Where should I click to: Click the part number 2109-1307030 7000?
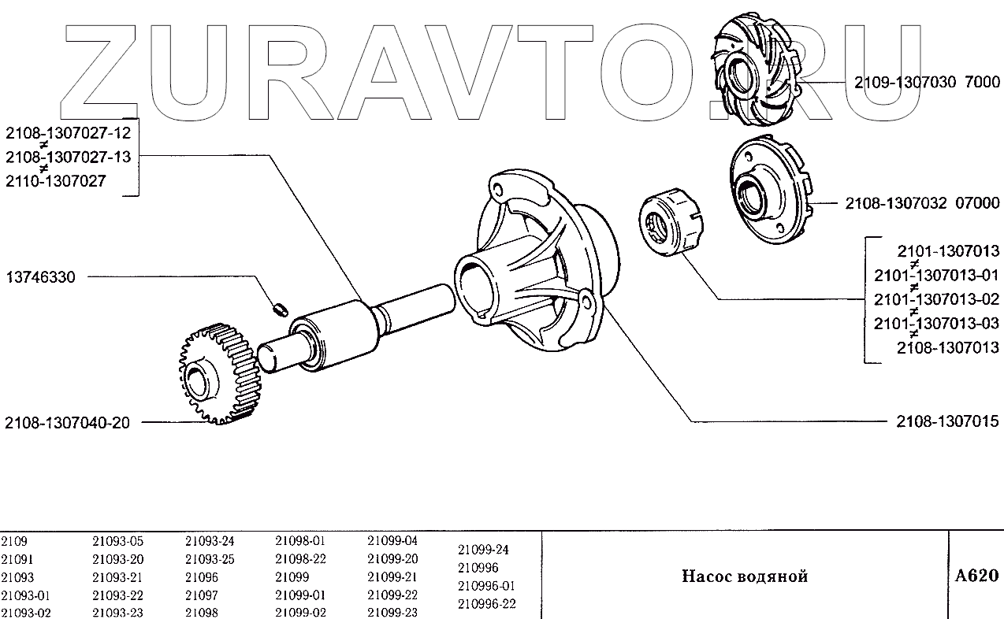tap(927, 83)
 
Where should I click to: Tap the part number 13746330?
tap(41, 278)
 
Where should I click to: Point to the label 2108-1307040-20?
tap(67, 423)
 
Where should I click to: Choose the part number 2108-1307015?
tap(947, 421)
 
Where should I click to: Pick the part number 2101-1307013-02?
tap(936, 299)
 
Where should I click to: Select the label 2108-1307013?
tap(947, 347)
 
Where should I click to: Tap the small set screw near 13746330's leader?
tap(279, 308)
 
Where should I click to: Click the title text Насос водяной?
tap(744, 576)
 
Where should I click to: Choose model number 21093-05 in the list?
tap(118, 541)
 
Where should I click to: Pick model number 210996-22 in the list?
tap(487, 604)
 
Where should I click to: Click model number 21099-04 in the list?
tap(392, 541)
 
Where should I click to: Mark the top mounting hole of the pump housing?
tap(496, 189)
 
